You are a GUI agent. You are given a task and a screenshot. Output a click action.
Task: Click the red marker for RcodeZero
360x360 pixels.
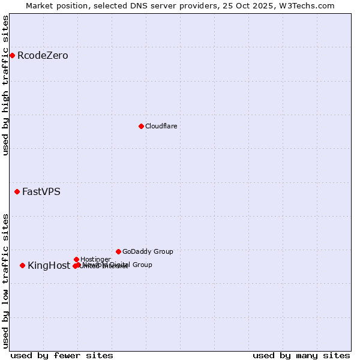(x=12, y=56)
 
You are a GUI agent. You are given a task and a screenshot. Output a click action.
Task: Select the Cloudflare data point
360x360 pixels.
(x=141, y=126)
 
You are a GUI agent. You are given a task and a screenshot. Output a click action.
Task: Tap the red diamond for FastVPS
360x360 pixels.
(x=17, y=192)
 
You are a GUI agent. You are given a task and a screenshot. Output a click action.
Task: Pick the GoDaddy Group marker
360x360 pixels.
(x=118, y=251)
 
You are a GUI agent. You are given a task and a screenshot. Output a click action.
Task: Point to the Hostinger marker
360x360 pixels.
(x=76, y=259)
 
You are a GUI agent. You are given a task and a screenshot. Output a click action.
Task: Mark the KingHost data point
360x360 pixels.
(x=22, y=265)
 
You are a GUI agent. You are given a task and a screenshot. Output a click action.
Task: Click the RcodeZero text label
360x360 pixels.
(x=43, y=56)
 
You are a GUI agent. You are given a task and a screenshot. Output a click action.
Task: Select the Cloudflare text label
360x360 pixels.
(x=161, y=126)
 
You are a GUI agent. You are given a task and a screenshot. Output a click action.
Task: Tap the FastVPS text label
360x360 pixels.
(x=41, y=192)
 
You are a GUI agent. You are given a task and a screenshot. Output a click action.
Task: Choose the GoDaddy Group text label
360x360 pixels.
(x=148, y=251)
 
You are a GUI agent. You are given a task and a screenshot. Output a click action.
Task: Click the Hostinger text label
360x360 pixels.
(x=95, y=259)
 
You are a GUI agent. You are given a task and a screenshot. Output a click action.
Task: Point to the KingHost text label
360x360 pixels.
(x=49, y=265)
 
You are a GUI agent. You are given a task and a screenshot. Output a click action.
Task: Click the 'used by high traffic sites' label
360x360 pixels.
(x=5, y=85)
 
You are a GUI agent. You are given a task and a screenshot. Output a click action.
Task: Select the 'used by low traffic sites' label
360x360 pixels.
(x=5, y=280)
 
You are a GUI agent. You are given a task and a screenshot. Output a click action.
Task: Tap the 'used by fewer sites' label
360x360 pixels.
(x=62, y=355)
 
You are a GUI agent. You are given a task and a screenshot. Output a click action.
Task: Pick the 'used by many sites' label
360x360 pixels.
(x=301, y=355)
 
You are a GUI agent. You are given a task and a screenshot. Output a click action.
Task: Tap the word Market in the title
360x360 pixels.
(x=40, y=5)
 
